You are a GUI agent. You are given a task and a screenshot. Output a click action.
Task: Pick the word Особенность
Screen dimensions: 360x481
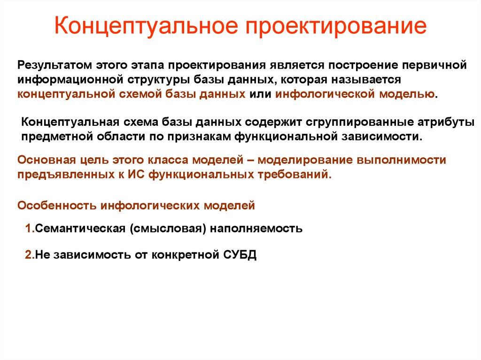click(x=55, y=205)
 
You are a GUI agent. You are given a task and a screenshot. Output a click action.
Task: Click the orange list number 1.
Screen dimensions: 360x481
click(x=28, y=229)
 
